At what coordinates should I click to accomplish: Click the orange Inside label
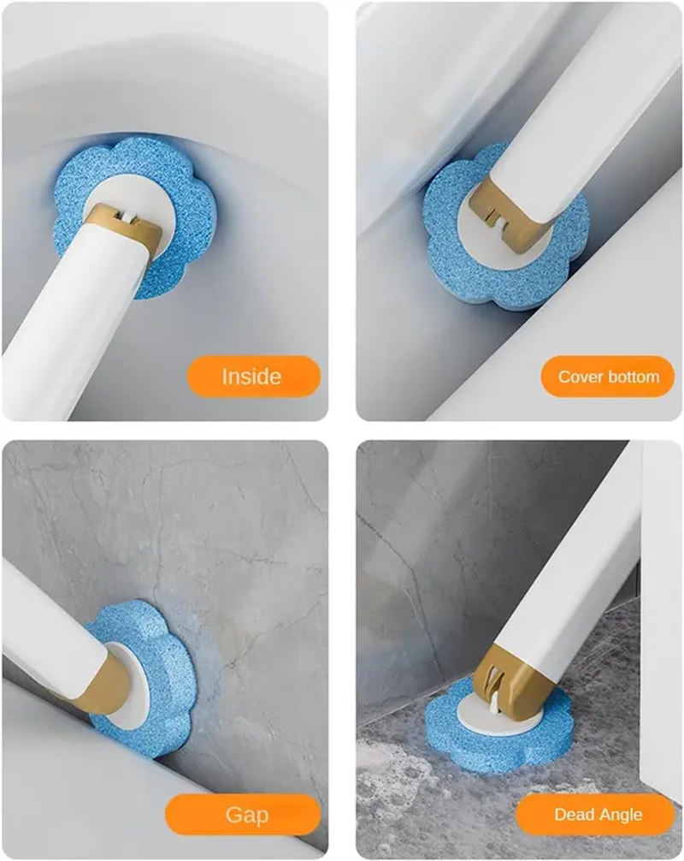pyautogui.click(x=253, y=376)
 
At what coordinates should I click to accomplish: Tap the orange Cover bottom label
pyautogui.click(x=608, y=376)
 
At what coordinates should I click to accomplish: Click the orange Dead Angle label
pyautogui.click(x=595, y=815)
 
